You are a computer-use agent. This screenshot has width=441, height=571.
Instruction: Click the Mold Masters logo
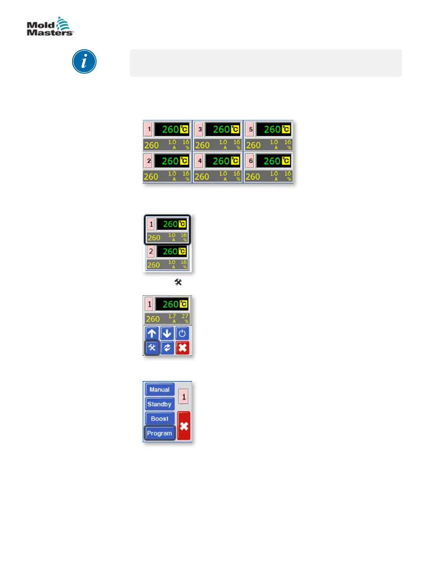coord(50,26)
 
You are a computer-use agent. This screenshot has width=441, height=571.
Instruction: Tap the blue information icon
coord(84,62)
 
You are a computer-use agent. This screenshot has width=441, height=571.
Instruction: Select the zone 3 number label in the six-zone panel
coord(200,129)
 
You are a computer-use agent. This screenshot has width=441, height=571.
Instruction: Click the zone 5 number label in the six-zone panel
coord(251,129)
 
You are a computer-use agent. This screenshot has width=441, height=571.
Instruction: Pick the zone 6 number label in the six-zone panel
coord(251,161)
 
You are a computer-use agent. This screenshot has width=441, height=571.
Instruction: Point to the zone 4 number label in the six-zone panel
coord(200,161)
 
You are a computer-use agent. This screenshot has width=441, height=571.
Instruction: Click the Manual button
coord(160,390)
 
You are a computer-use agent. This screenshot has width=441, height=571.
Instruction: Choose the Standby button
coord(160,404)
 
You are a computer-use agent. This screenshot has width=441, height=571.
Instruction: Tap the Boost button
coord(160,419)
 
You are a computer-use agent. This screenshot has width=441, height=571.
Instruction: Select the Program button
coord(160,433)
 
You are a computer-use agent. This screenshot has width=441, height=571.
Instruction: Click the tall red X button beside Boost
coord(184,426)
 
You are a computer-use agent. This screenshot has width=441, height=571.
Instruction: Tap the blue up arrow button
coord(152,333)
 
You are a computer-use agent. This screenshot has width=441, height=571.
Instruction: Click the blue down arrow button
coord(167,333)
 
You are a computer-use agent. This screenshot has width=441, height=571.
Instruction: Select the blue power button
coord(182,333)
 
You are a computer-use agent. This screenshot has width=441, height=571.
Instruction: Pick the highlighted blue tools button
coord(152,348)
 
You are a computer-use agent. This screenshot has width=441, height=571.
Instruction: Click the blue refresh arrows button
coord(167,348)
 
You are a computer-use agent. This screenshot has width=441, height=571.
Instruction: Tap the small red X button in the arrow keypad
coord(182,348)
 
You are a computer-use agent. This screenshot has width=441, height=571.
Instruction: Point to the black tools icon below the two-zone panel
coord(178,282)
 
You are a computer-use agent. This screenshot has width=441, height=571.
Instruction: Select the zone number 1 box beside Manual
coord(184,397)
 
